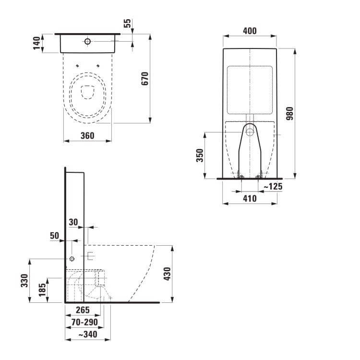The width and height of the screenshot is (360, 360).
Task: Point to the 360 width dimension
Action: click(87, 136)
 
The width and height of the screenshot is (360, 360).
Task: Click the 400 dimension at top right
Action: click(250, 31)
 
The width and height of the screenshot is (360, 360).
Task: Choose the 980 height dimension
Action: click(289, 114)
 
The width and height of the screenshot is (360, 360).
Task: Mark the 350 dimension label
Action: click(200, 155)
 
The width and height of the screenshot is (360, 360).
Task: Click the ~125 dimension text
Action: click(272, 186)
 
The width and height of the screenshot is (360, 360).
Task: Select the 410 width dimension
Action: click(250, 198)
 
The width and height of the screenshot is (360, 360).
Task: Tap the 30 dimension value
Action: click(73, 222)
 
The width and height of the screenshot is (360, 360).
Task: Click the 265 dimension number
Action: click(83, 310)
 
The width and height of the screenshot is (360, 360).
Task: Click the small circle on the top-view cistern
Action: click(87, 42)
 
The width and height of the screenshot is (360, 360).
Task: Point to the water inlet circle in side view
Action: click(72, 259)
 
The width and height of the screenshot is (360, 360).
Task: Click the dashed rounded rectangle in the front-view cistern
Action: click(250, 90)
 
